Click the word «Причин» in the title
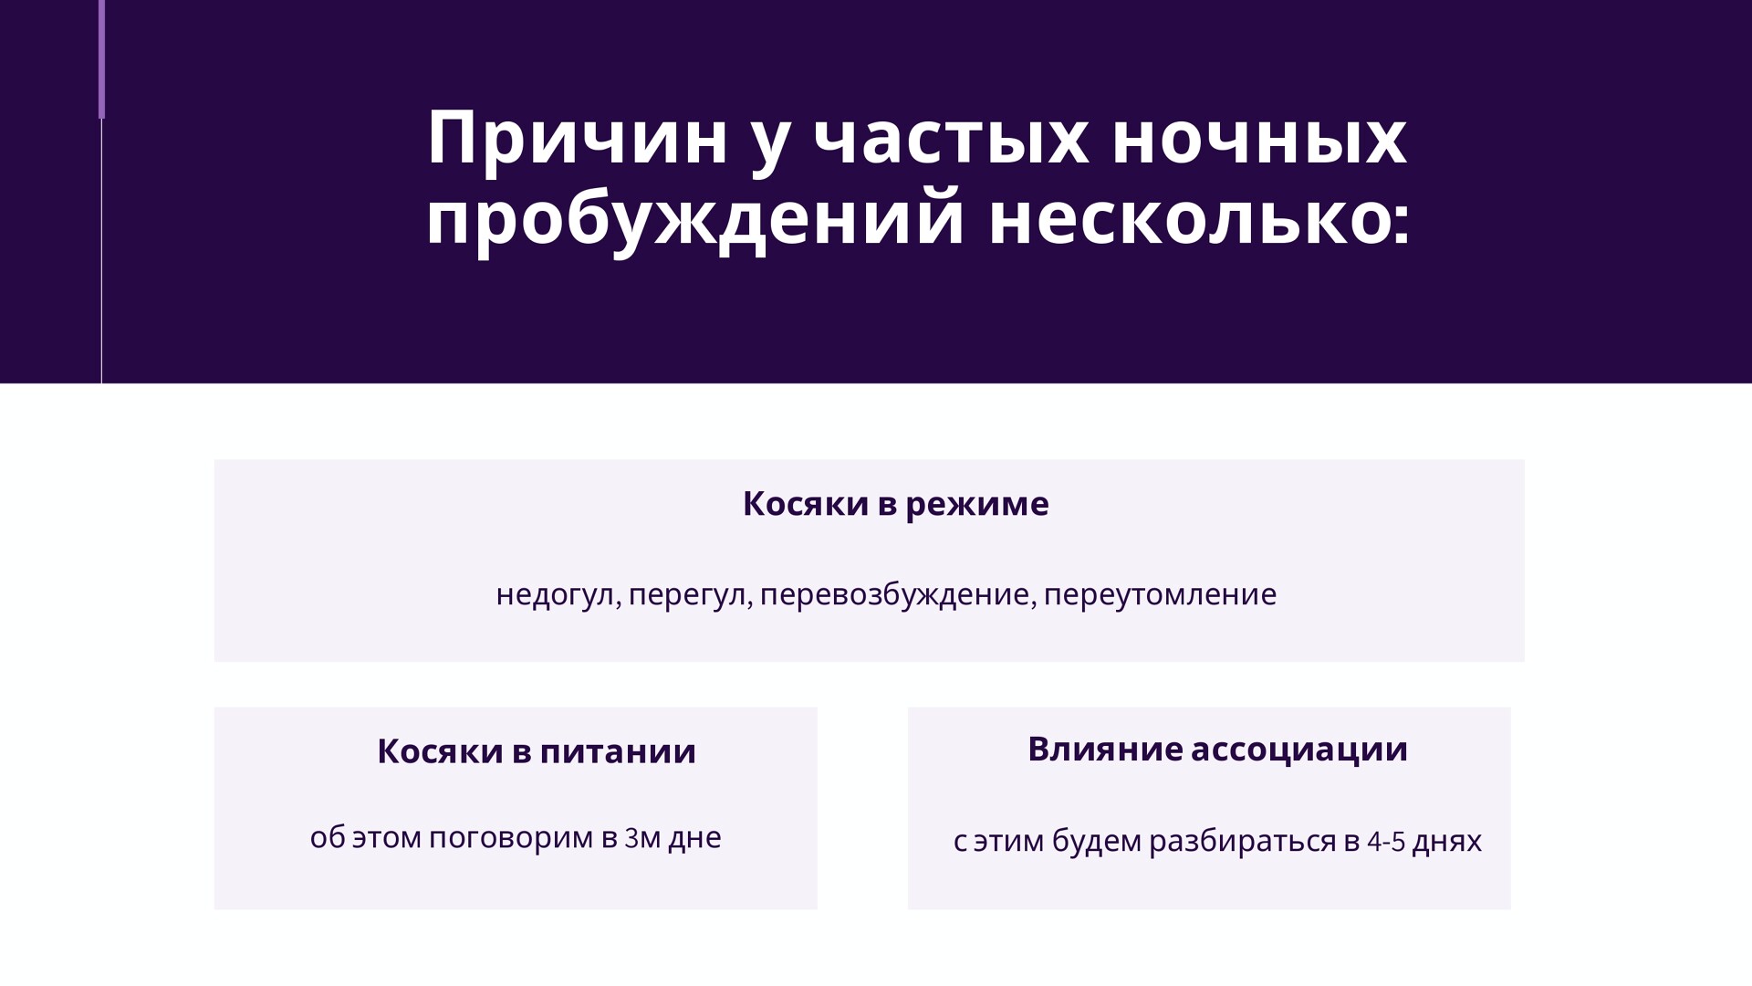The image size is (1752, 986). click(x=578, y=138)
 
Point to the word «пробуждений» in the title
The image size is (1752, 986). click(x=695, y=220)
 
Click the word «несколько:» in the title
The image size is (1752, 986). click(x=1200, y=220)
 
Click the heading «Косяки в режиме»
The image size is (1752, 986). click(x=895, y=504)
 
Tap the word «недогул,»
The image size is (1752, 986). click(x=558, y=595)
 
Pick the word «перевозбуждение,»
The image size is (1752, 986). click(x=899, y=595)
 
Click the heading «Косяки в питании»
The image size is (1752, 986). click(x=537, y=751)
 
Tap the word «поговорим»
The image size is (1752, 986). click(x=511, y=838)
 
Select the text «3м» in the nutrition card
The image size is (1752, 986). click(x=642, y=838)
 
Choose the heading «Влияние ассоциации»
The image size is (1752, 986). click(x=1217, y=750)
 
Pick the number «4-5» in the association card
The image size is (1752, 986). click(x=1385, y=841)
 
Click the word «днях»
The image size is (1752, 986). click(x=1446, y=842)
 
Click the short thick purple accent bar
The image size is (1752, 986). click(x=102, y=59)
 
